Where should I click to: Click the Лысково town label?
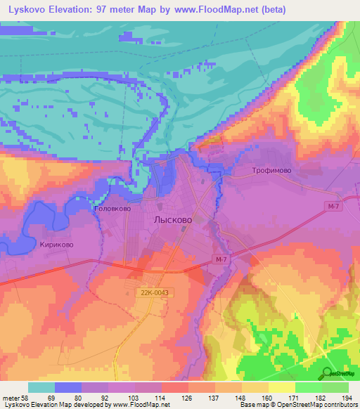pyautogui.click(x=172, y=219)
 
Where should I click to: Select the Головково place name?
pyautogui.click(x=112, y=209)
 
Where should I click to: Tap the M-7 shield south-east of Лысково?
pyautogui.click(x=222, y=261)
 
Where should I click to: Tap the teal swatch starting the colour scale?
pyautogui.click(x=41, y=387)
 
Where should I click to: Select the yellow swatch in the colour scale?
pyautogui.click(x=281, y=387)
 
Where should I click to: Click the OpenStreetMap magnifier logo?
pyautogui.click(x=327, y=374)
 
